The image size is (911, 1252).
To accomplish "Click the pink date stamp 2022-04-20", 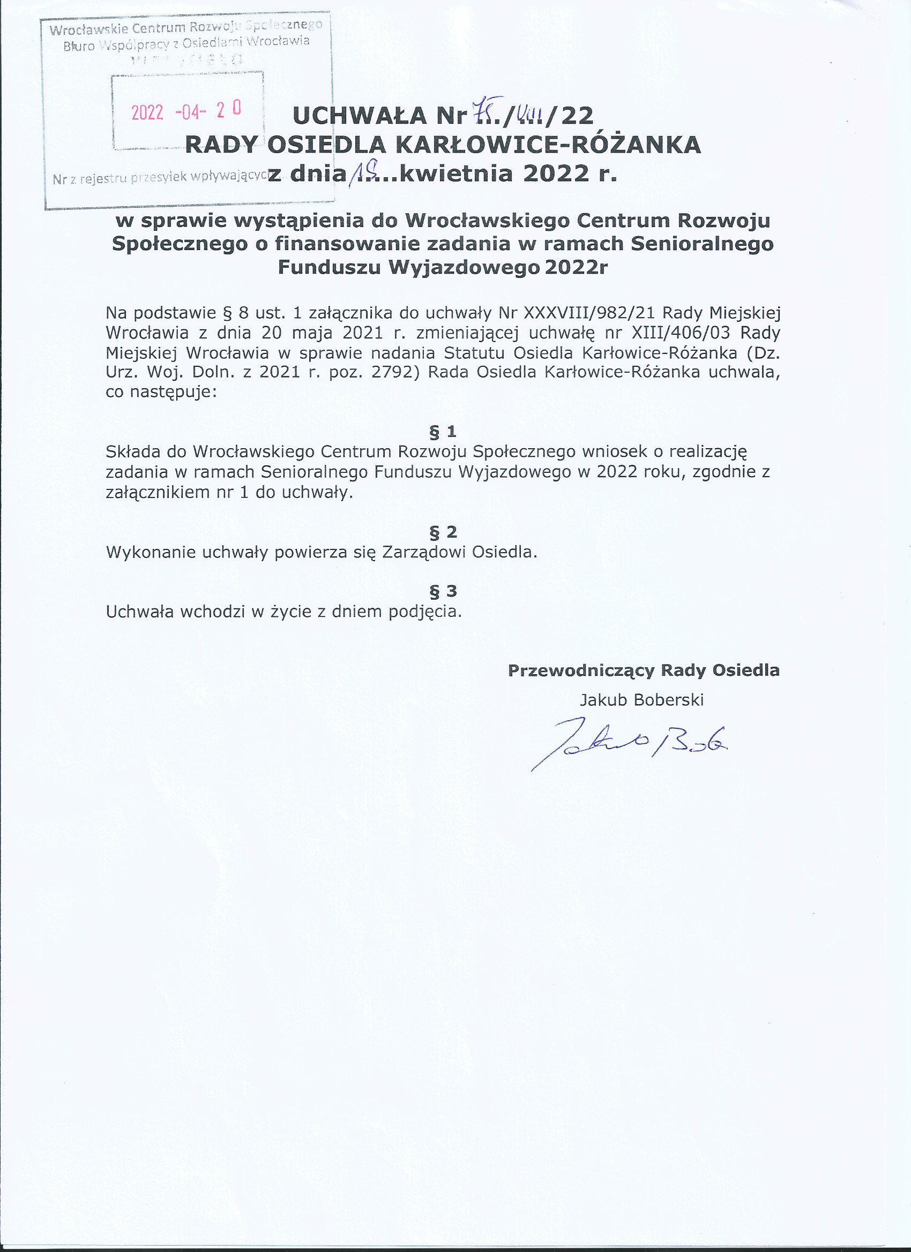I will [186, 111].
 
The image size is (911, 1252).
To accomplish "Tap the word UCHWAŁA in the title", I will [360, 116].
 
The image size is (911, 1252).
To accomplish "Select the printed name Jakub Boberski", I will [641, 700].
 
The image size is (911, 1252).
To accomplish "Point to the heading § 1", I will [443, 431].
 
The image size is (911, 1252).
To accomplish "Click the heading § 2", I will [443, 532].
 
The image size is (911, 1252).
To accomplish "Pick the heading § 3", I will [443, 591].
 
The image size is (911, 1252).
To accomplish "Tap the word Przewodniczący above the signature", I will [581, 670].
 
